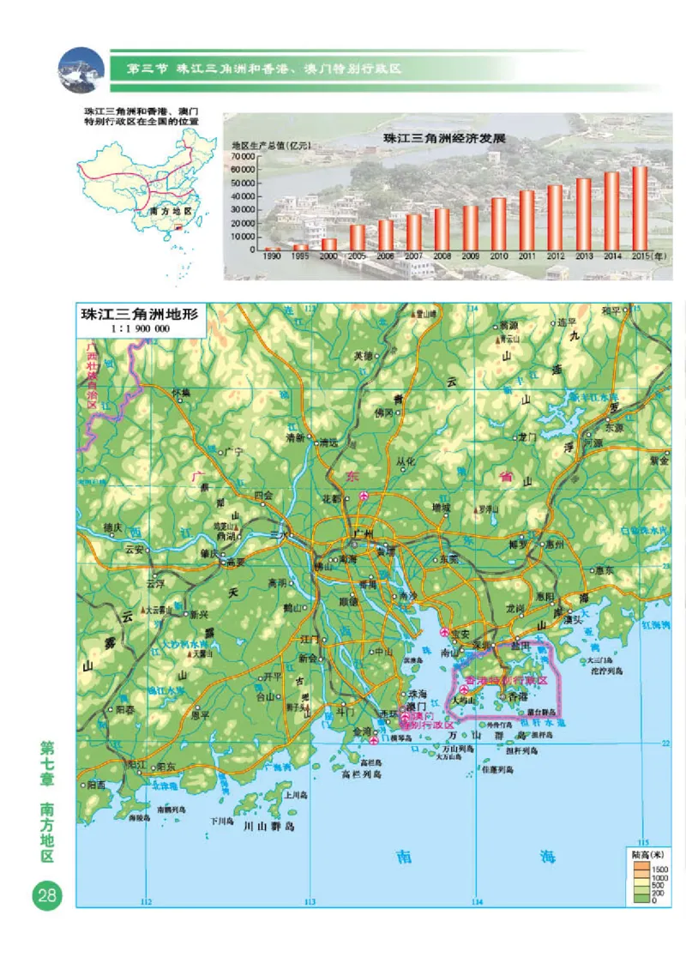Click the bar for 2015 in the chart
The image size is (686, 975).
point(640,207)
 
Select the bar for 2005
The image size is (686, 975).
point(358,237)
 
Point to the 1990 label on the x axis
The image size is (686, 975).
point(273,256)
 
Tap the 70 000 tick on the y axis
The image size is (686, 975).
point(244,157)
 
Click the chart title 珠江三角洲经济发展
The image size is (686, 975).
point(433,137)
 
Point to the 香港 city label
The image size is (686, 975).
point(518,697)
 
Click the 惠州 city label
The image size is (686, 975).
point(554,544)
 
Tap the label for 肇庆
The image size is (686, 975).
point(209,553)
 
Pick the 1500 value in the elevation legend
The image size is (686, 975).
point(660,870)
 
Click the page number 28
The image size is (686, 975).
point(45,896)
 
